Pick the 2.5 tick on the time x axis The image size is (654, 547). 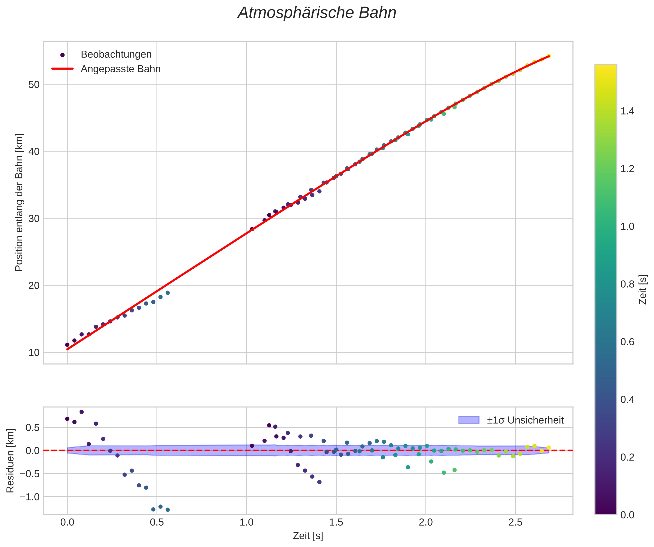coord(515,523)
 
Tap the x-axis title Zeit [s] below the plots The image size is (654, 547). coord(308,536)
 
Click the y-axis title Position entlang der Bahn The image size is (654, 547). coord(19,202)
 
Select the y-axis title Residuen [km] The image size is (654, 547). coord(10,461)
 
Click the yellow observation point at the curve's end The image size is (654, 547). coord(549,56)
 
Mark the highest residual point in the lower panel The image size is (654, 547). coord(82,412)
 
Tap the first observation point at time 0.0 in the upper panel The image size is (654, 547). coord(67,345)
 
